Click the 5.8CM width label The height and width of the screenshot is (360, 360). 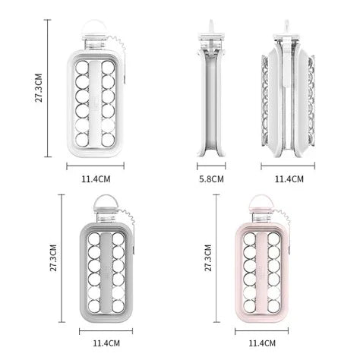click(211, 179)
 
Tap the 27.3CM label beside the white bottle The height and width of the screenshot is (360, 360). click(39, 88)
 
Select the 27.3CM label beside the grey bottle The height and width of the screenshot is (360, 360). click(53, 257)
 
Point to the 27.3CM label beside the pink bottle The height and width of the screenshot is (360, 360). click(208, 257)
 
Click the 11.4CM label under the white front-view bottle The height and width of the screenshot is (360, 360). click(96, 179)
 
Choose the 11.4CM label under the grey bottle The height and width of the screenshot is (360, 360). click(106, 343)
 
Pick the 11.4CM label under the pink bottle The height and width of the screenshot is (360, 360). click(262, 343)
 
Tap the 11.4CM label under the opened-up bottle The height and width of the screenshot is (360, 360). click(289, 179)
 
